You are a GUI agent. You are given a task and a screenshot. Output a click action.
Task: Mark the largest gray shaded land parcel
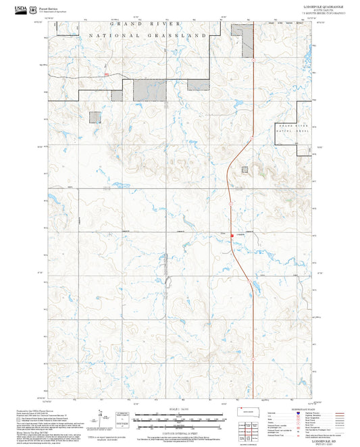point(149,89)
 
